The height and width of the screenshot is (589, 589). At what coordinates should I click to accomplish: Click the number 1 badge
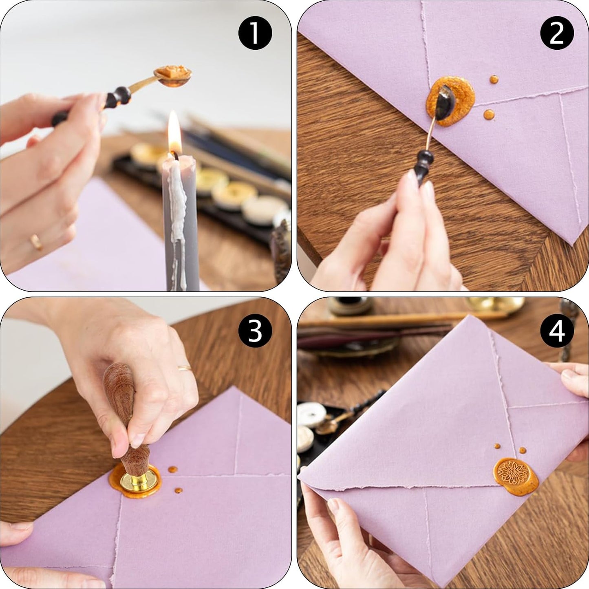pyautogui.click(x=255, y=33)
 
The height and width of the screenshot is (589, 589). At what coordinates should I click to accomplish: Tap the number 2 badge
pyautogui.click(x=557, y=33)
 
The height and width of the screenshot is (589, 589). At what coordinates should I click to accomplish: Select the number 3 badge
pyautogui.click(x=255, y=331)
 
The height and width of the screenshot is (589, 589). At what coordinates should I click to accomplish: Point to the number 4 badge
pyautogui.click(x=557, y=331)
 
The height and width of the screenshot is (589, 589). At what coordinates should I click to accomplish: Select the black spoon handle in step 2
pyautogui.click(x=422, y=167)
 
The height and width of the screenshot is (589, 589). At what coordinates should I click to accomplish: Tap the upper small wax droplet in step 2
pyautogui.click(x=494, y=79)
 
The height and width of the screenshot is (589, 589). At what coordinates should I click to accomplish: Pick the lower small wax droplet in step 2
pyautogui.click(x=489, y=115)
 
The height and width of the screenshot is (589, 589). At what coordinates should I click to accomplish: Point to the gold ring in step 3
pyautogui.click(x=185, y=368)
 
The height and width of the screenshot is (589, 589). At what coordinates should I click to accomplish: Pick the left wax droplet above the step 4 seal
pyautogui.click(x=497, y=446)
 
